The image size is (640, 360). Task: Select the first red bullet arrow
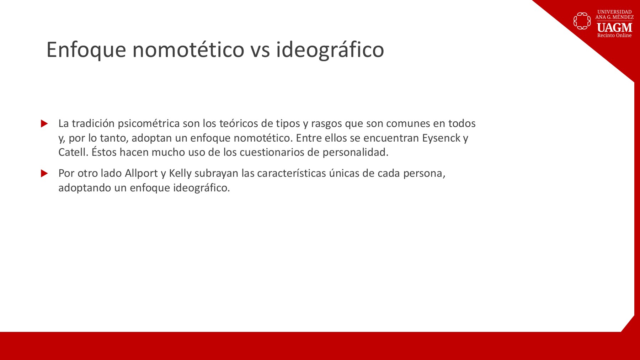click(x=44, y=123)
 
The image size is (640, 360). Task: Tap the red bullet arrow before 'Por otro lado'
click(x=44, y=173)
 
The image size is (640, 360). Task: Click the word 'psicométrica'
click(x=149, y=124)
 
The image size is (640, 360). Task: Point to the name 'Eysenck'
click(x=441, y=138)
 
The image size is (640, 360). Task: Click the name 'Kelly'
click(x=180, y=174)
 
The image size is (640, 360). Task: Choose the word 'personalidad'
click(x=356, y=153)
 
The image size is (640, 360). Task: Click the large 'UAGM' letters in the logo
click(x=614, y=27)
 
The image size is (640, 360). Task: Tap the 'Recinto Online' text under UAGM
click(x=614, y=36)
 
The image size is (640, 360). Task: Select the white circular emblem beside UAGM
click(x=582, y=21)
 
